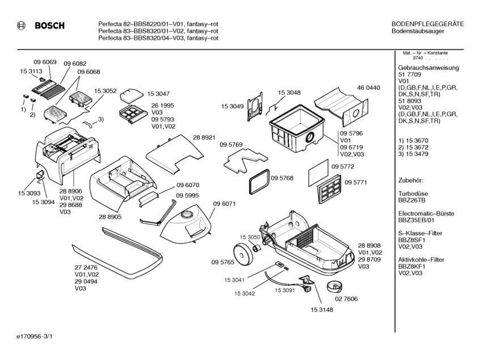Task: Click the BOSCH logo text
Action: (50, 26)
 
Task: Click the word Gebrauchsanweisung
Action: (428, 68)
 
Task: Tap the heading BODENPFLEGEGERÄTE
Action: (428, 24)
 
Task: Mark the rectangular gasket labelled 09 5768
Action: (258, 180)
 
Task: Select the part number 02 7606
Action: (346, 298)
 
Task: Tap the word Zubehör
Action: (411, 180)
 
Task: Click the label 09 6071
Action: (224, 204)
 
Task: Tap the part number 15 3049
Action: (232, 106)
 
